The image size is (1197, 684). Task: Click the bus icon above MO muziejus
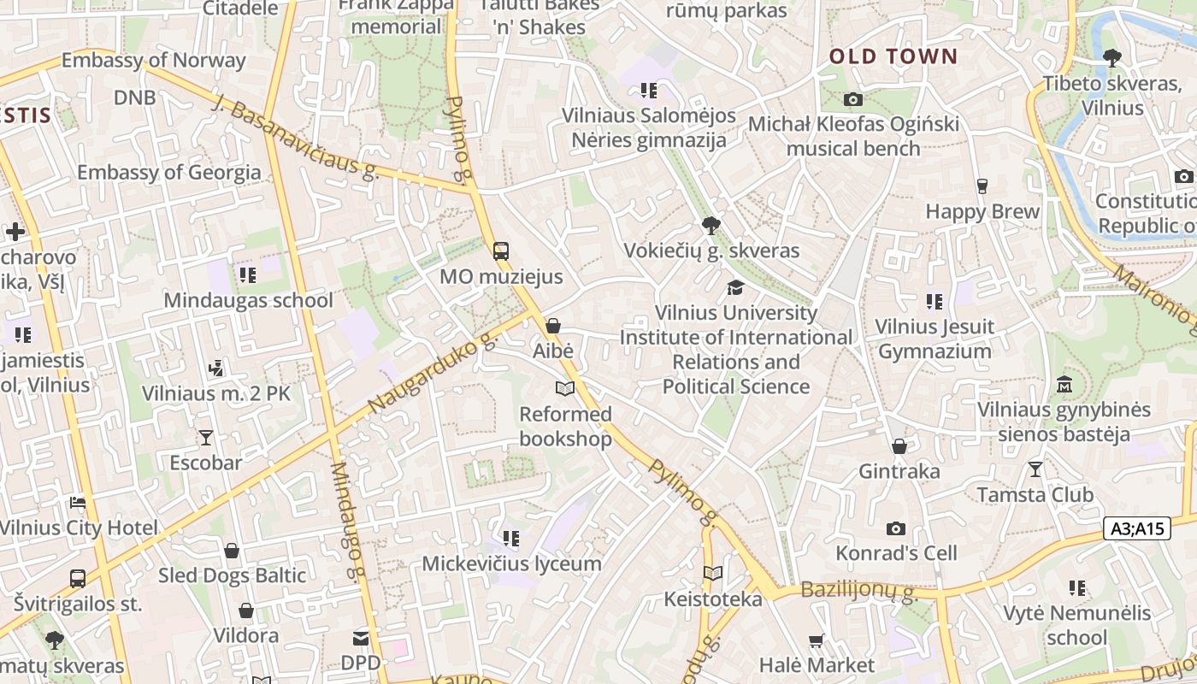[x=501, y=251]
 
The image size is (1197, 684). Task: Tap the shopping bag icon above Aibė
[x=553, y=326]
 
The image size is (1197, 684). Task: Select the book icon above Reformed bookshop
[x=564, y=389]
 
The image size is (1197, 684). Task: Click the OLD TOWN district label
[x=893, y=57]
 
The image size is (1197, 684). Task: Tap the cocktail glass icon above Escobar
[x=206, y=438]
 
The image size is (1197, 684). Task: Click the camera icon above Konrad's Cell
[x=896, y=528]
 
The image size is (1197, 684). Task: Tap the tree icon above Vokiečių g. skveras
[x=711, y=226]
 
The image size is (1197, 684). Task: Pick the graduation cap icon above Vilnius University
[x=735, y=287]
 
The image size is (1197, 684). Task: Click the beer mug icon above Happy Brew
[x=982, y=186]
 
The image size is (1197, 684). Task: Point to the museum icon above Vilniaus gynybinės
[x=1064, y=384]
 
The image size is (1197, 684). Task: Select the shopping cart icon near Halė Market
[x=817, y=640]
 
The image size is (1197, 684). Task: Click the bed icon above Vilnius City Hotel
[x=78, y=503]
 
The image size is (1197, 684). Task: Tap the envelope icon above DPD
[x=361, y=638]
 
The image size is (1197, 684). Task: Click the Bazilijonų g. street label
[x=858, y=591]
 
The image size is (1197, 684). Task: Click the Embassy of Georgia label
[x=169, y=172]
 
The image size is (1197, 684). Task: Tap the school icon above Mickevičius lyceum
[x=511, y=539]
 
